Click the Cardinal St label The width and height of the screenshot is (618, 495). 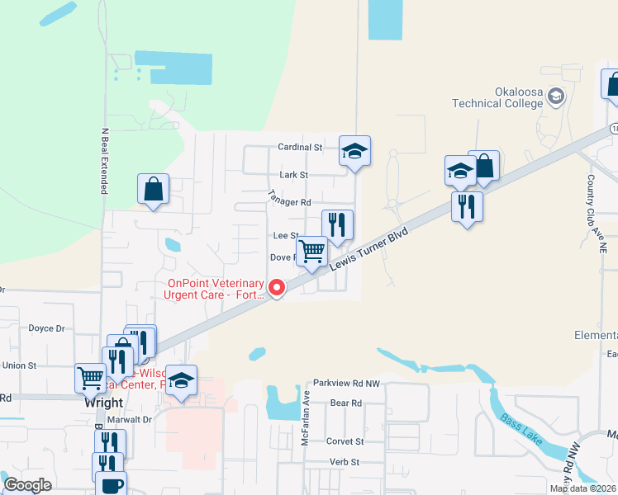tap(299, 147)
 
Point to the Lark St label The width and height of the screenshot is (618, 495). tap(293, 175)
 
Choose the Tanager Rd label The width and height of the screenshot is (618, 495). tap(289, 198)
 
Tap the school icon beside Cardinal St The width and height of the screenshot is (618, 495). tap(354, 151)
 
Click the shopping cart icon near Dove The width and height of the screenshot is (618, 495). tap(311, 251)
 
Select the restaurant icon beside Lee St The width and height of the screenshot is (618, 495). tap(337, 224)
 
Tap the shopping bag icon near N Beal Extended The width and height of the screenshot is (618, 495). tap(154, 189)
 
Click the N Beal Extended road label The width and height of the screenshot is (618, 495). tap(105, 161)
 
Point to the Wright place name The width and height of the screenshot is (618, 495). tap(103, 403)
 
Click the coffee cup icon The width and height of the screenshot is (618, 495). tap(111, 484)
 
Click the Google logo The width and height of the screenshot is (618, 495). tap(27, 484)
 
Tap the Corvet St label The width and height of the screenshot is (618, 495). tap(345, 441)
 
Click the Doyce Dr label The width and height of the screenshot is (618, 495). tap(46, 328)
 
